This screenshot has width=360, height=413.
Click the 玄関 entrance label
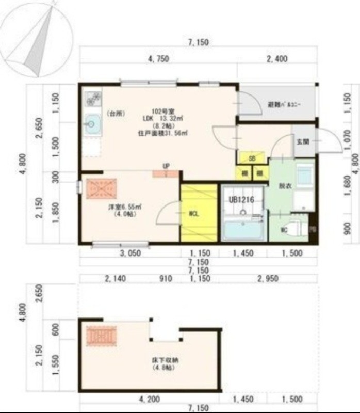[x=302, y=142]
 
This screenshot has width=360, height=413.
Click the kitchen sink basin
[x=93, y=123]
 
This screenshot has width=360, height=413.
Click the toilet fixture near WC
[x=293, y=226]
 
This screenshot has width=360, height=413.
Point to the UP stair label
[x=166, y=166]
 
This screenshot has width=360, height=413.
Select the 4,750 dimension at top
[x=158, y=59]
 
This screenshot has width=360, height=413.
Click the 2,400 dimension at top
[x=276, y=59]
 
